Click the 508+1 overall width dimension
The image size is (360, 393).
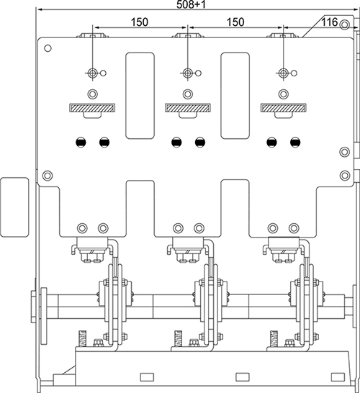click(x=192, y=4)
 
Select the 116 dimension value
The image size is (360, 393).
click(x=329, y=22)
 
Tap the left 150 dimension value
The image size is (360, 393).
click(x=140, y=22)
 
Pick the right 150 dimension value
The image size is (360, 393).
click(x=235, y=22)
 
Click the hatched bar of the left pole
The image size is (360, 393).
click(x=92, y=108)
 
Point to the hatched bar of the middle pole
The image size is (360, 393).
click(x=187, y=108)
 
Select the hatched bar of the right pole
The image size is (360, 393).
click(x=283, y=108)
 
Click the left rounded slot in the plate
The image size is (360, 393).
click(x=140, y=96)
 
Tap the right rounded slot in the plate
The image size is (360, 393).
click(x=235, y=96)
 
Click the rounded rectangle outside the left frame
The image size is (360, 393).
click(x=15, y=207)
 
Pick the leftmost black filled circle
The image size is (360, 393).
click(x=81, y=143)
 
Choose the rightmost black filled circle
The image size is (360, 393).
click(x=295, y=143)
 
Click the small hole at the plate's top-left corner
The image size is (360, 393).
click(x=48, y=48)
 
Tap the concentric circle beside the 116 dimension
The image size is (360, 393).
click(x=344, y=24)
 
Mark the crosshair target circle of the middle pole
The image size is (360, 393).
click(x=187, y=73)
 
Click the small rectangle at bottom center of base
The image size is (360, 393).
click(x=243, y=377)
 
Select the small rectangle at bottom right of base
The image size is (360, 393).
click(x=338, y=377)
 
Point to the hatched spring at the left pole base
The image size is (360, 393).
click(x=83, y=338)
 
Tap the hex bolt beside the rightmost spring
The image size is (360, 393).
click(x=289, y=343)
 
